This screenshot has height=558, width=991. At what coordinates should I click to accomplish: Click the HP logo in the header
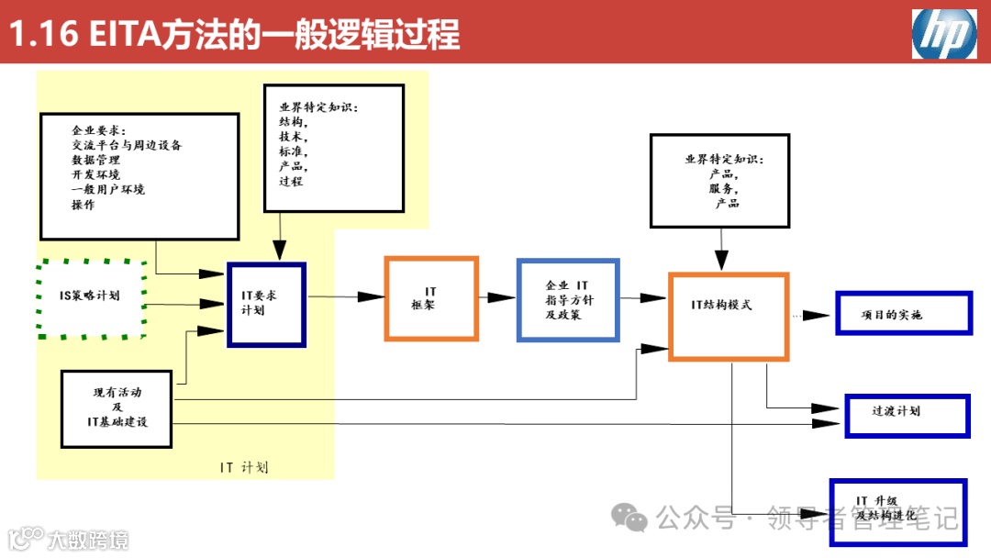tap(943, 34)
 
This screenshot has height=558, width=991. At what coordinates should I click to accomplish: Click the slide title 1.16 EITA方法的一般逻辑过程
tap(234, 35)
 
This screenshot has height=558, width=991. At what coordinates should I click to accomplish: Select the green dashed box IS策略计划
tap(92, 299)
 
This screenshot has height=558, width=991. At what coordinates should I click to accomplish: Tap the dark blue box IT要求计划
tap(266, 304)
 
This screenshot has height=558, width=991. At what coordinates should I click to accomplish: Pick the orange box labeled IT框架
tap(431, 299)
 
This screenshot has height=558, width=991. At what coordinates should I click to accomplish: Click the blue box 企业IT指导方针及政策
tap(568, 300)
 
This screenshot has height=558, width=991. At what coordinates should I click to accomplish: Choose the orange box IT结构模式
tap(729, 315)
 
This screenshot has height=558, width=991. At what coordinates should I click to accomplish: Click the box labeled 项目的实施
tap(903, 314)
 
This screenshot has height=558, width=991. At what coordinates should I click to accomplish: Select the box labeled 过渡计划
tap(907, 415)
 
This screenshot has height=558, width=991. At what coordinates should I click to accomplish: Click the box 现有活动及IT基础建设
tap(117, 407)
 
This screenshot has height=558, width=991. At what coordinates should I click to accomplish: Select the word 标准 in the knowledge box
tap(293, 151)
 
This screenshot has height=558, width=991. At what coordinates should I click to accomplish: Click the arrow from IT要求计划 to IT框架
tap(346, 296)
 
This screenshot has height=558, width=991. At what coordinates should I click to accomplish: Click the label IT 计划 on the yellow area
tap(245, 467)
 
